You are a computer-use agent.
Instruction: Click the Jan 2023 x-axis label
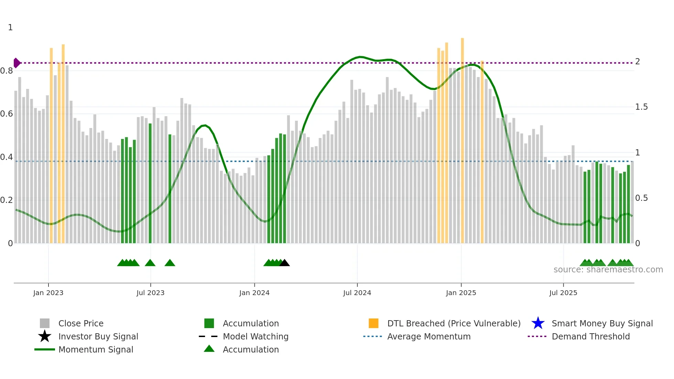click(x=48, y=293)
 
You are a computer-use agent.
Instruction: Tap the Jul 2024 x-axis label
click(x=357, y=293)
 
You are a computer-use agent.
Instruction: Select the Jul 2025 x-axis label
click(x=563, y=293)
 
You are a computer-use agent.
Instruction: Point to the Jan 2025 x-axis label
click(x=461, y=293)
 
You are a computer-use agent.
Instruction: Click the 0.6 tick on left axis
click(x=7, y=114)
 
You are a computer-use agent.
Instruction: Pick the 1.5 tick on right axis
click(x=641, y=107)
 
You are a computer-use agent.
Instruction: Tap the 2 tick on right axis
click(x=638, y=62)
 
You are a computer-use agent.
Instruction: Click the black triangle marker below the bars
click(x=284, y=263)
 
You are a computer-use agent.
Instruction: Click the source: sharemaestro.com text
click(x=608, y=270)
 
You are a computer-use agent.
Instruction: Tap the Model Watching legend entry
click(x=255, y=336)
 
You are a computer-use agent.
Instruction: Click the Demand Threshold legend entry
click(x=590, y=336)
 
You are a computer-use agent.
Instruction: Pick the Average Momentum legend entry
click(x=428, y=336)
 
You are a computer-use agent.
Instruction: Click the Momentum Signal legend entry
click(x=96, y=349)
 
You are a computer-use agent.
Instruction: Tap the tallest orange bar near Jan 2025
click(x=462, y=138)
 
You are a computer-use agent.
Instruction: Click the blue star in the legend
click(x=538, y=323)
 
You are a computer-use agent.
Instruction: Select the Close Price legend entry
click(x=81, y=323)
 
